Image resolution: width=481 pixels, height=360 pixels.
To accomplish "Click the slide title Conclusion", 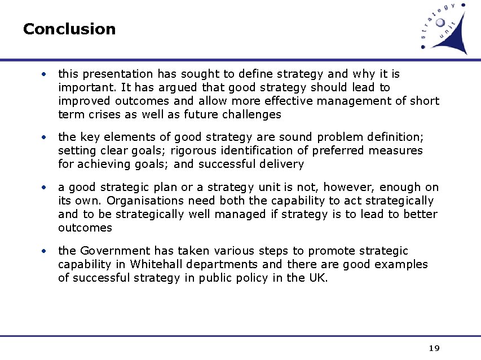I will (69, 29).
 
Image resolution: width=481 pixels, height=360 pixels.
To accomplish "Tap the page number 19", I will (434, 348).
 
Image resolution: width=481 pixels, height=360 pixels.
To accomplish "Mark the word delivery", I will (283, 164).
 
